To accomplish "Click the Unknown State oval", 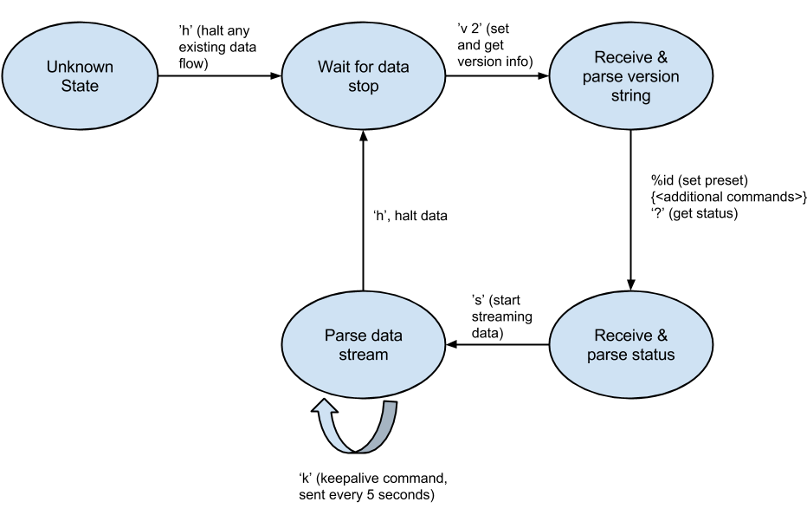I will coord(80,76).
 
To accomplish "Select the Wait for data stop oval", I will coord(364,76).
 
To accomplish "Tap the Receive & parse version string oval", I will coord(630,76).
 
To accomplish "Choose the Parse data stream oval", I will coord(364,344).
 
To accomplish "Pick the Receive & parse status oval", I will coord(630,344).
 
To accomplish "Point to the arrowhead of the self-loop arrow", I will coord(325,407).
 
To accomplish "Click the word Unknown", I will coord(80,67).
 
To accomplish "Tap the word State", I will coord(80,86).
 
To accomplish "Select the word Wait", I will coord(333,67).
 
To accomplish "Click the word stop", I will coord(364,86).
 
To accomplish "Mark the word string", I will coord(630,95).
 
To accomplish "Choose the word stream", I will coord(364,355).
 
